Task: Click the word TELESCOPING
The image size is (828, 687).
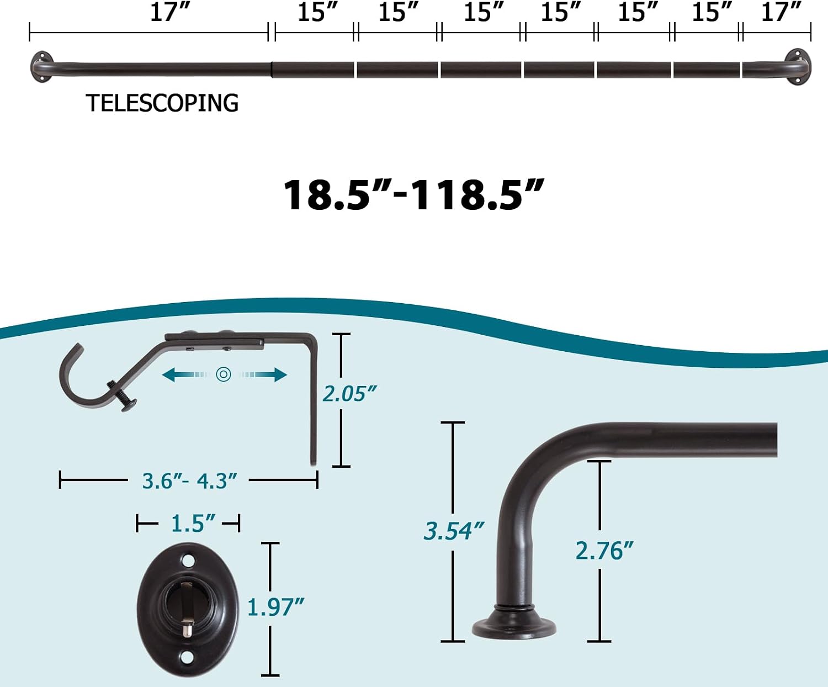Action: coord(162,103)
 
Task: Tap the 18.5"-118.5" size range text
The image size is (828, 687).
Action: coord(413,195)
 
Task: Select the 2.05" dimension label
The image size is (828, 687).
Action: coord(349,394)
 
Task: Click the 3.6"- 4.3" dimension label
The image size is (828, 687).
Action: coord(189,481)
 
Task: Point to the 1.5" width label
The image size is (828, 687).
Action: coord(193,523)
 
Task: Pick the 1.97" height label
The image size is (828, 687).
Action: coord(275,607)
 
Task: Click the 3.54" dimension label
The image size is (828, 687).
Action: coord(454,531)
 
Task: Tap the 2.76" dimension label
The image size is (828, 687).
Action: coord(604,551)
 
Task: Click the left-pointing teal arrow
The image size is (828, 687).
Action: coord(185,374)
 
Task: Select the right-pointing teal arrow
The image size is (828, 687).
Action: coord(264,374)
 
